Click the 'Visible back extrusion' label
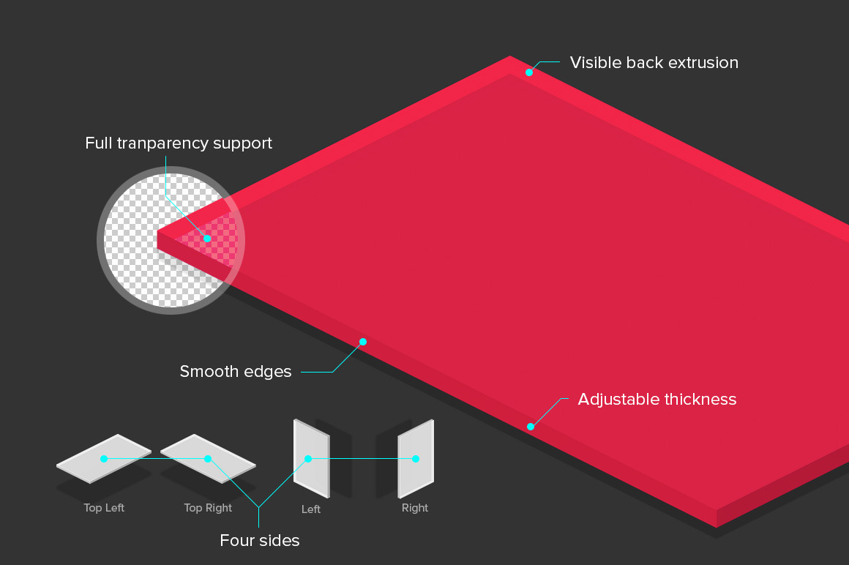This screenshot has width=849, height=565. pos(654,63)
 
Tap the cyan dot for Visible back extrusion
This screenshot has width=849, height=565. pos(528,72)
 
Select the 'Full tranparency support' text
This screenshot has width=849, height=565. pos(179,143)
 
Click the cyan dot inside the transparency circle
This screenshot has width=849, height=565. pos(207,239)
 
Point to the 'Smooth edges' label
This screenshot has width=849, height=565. pos(236,372)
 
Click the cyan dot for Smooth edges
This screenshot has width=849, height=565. pos(362,342)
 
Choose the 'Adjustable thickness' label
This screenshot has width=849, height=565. pos(657,400)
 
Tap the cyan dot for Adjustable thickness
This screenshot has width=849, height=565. pos(531,427)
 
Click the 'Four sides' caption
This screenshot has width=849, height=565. pos(260,542)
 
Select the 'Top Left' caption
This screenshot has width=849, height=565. pos(104,508)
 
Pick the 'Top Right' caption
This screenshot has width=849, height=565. pos(208,508)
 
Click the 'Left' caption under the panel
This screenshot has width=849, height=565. pos(311,509)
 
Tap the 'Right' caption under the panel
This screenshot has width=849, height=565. pos(415,508)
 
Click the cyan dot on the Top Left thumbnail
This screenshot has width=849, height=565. pos(104,459)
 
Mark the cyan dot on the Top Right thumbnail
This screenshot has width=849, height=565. pos(208,459)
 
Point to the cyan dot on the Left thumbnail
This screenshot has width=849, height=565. pos(308,459)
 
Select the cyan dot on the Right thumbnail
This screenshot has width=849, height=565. pos(416,459)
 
